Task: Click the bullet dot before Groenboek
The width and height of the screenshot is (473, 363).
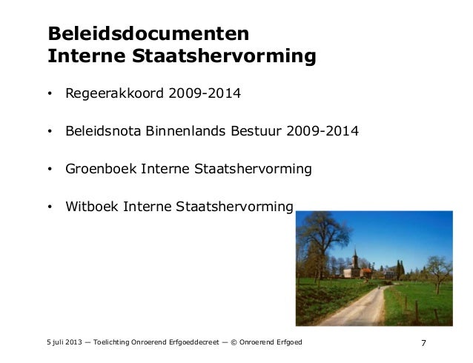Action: [50, 170]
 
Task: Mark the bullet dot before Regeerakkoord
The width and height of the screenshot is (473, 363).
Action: [50, 96]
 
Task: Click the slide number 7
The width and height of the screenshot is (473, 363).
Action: [423, 342]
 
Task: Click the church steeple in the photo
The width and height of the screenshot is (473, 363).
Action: [355, 257]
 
